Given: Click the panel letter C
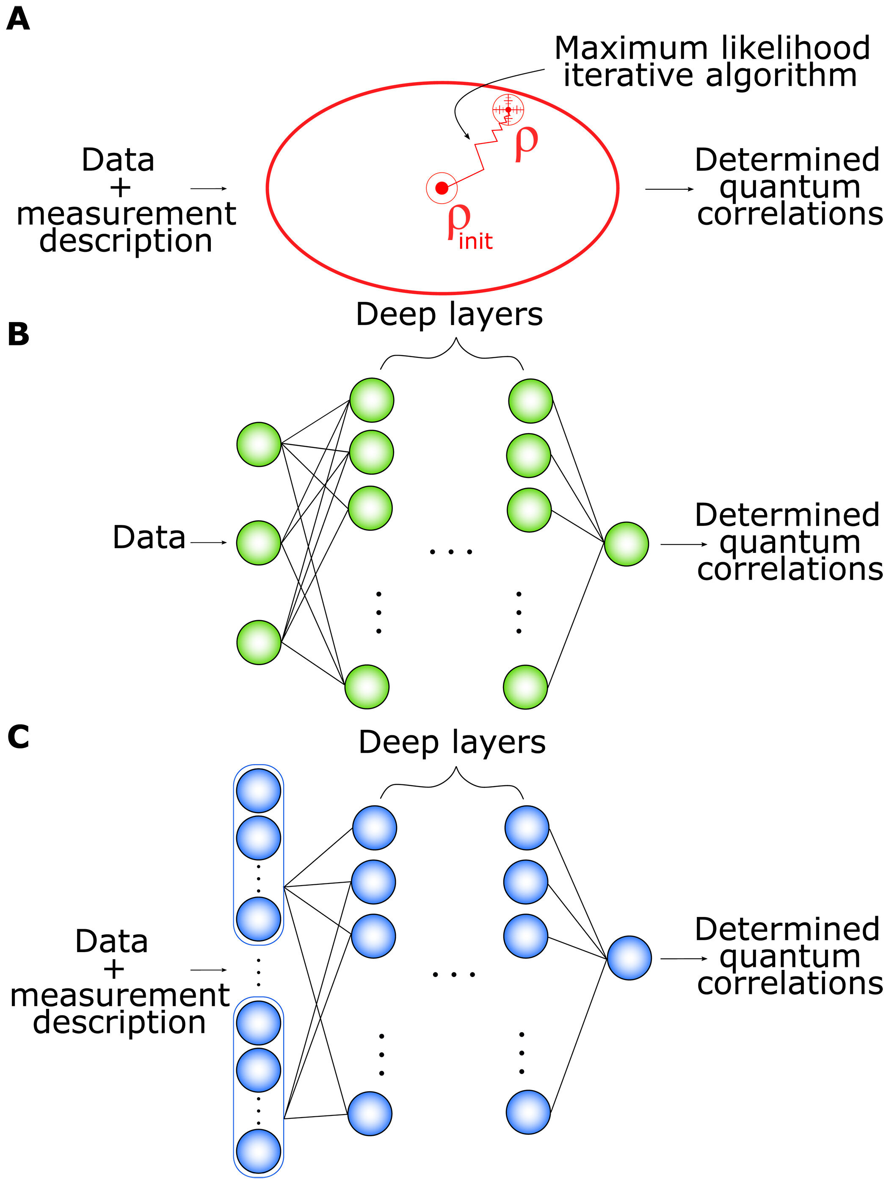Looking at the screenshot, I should click(18, 736).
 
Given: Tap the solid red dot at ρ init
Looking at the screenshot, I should click(441, 188).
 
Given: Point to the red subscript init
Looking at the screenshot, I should click(475, 241).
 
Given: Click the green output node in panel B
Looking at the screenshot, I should click(626, 544).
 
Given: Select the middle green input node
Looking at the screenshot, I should click(259, 543).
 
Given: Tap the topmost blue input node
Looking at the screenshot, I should click(258, 790).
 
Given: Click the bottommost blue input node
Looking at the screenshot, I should click(258, 1151).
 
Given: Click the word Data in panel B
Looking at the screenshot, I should click(149, 537).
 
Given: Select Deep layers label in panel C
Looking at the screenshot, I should click(452, 743).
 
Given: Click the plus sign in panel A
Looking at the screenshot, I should click(120, 188).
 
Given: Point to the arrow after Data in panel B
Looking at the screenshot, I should click(209, 543).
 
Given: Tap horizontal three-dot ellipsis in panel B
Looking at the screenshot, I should click(451, 552).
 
